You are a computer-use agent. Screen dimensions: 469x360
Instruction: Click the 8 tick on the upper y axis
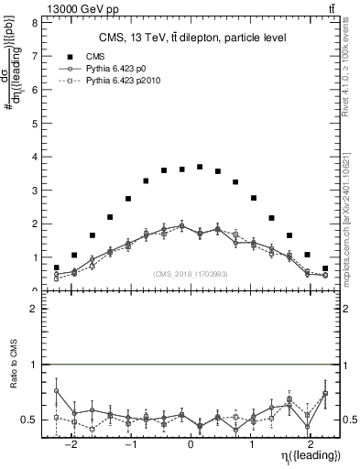pos(33,22)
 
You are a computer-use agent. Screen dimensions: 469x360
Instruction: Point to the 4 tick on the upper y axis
pos(33,157)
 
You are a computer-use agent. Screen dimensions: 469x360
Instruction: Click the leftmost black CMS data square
pos(57,267)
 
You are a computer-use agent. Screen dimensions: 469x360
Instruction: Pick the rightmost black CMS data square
pos(325,267)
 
